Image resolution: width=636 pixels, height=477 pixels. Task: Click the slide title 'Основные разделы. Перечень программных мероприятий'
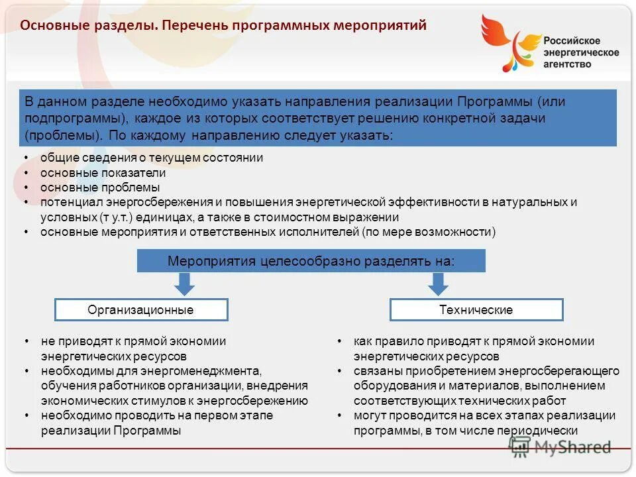(223, 26)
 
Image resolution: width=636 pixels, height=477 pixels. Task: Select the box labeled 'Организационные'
(141, 309)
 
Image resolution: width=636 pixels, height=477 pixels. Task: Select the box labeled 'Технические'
(476, 309)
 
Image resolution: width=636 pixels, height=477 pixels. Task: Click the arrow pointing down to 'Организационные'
(185, 284)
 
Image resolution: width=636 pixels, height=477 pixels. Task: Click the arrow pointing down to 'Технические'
(437, 284)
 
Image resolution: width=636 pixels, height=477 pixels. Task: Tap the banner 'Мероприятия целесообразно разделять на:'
(311, 261)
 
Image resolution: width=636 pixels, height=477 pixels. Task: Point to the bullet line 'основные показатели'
(103, 173)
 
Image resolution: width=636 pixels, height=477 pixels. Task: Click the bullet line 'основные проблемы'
(100, 187)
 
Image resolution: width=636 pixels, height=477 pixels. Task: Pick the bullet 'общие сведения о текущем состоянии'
(152, 158)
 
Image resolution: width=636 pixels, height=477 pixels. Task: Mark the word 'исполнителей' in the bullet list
(325, 232)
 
